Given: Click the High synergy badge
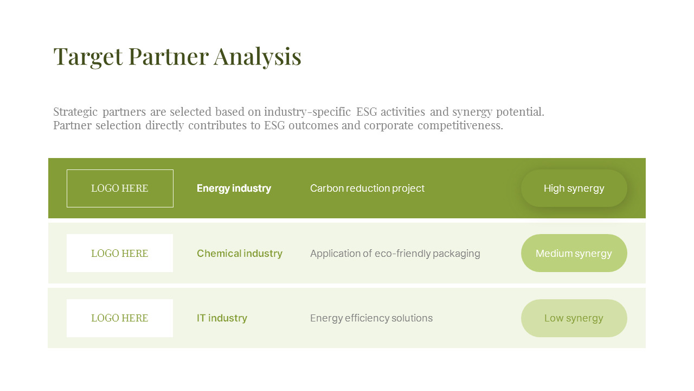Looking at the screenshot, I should (x=574, y=188).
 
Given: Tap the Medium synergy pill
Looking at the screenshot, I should (x=574, y=253).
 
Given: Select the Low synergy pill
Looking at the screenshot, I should (x=574, y=318).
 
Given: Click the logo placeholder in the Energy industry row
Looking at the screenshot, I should (x=120, y=188).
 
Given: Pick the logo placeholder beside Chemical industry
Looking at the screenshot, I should (x=120, y=253).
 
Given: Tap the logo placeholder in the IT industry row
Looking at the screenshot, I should (x=120, y=318).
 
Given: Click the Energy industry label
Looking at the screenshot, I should (x=234, y=188).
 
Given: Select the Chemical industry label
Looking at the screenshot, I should (x=240, y=254).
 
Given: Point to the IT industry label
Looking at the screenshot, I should (x=222, y=318).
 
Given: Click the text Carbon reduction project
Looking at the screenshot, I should (x=367, y=188).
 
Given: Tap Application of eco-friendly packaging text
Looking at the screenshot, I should (x=395, y=254).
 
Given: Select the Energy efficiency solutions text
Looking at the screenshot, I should (x=371, y=318).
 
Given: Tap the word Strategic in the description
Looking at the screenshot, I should (x=75, y=112).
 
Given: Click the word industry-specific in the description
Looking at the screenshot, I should (x=307, y=112).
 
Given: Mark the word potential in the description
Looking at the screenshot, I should (x=521, y=112).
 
